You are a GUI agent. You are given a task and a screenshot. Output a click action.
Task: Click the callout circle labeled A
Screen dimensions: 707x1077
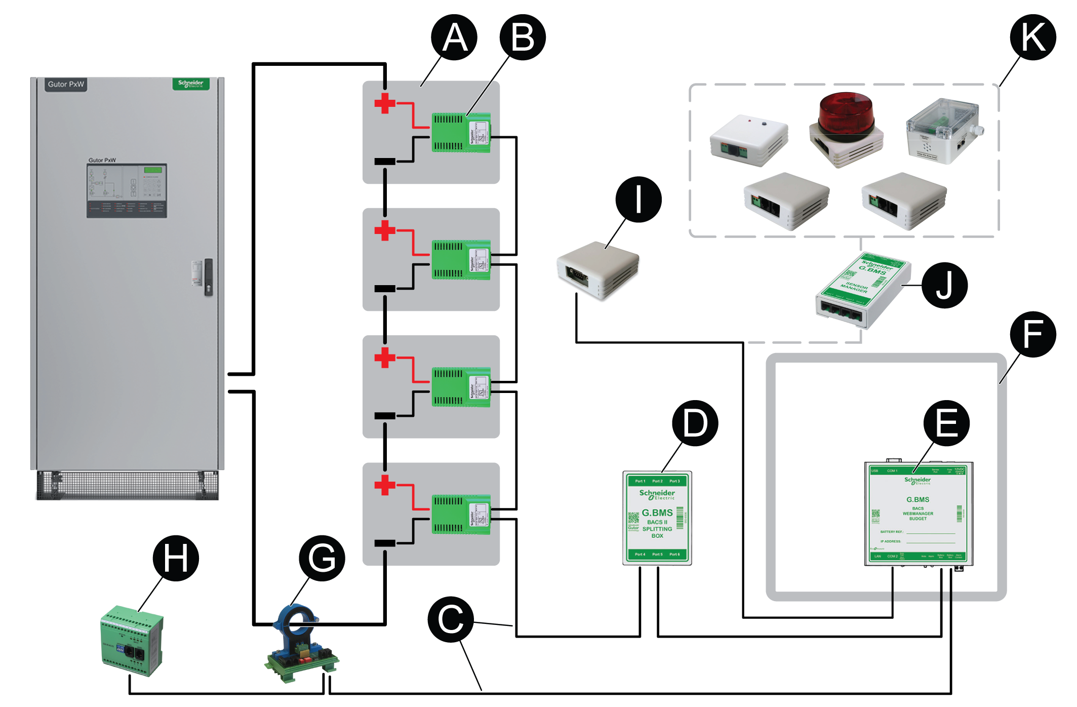454,37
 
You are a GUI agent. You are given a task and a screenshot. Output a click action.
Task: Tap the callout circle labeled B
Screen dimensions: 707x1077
523,37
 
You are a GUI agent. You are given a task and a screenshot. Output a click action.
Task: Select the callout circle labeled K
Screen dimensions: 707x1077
1033,37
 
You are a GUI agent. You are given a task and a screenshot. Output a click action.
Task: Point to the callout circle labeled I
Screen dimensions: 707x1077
639,200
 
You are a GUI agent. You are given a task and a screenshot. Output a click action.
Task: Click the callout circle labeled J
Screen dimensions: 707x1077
945,285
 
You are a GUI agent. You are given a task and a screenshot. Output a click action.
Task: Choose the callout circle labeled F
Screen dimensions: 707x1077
1033,334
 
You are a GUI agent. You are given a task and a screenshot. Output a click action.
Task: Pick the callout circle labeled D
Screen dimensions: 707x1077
695,423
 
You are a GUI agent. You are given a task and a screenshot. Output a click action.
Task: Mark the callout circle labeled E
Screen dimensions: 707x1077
946,423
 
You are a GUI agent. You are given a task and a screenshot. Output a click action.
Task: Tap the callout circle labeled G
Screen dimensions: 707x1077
322,558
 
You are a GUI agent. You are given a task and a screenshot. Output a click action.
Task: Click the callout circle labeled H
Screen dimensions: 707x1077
176,558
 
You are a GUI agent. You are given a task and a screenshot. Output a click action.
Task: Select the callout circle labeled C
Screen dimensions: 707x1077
451,619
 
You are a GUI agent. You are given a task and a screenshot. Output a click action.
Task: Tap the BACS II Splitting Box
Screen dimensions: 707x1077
657,518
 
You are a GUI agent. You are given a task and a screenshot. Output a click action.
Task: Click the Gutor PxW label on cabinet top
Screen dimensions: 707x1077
66,84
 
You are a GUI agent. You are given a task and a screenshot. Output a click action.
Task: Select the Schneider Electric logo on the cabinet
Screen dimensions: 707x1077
190,84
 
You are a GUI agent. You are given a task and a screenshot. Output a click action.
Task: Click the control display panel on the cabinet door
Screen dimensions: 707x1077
127,190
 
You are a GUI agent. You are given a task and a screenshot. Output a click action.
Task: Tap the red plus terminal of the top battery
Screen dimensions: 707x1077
385,103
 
